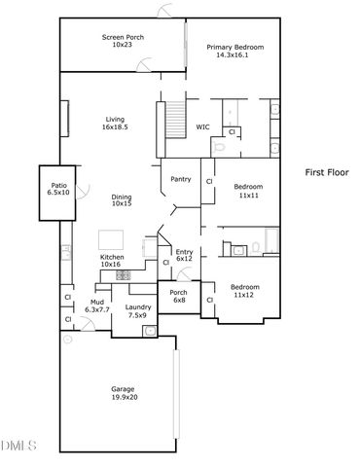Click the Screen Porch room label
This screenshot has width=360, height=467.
[x=122, y=41]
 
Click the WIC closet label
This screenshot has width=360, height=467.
[x=203, y=126]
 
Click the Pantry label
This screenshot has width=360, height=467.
[x=180, y=179]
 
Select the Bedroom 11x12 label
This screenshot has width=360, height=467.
[x=244, y=291]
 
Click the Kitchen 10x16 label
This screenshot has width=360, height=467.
[x=110, y=261]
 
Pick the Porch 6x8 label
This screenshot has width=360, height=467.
[x=179, y=296]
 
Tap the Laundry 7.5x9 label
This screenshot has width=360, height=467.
[x=136, y=311]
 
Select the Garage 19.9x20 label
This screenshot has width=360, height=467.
[x=123, y=392]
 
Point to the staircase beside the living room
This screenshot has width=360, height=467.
[x=176, y=122]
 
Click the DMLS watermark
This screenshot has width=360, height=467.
[x=18, y=447]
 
